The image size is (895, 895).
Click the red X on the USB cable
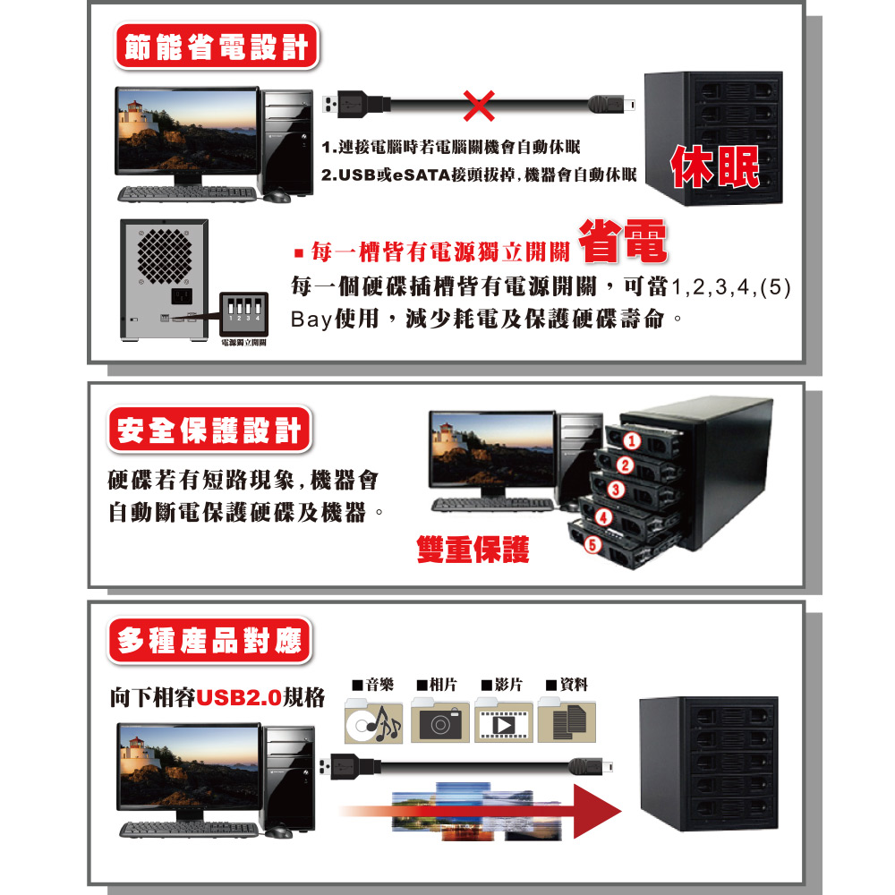pos(481,107)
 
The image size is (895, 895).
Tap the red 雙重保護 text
pos(473,549)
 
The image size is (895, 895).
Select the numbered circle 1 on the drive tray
pos(631,439)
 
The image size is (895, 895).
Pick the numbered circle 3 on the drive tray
pos(615,489)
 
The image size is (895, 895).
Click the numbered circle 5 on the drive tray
pos(591,542)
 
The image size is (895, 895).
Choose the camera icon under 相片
pos(441,722)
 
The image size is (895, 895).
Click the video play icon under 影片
pos(504,722)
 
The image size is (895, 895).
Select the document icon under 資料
pos(567,722)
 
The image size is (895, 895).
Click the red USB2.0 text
pos(238,697)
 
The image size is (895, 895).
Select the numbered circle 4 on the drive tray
pos(602,516)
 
